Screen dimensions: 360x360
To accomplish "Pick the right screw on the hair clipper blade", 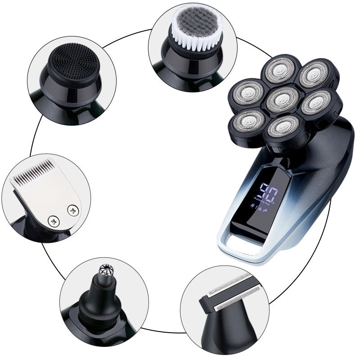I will click(x=72, y=209).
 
